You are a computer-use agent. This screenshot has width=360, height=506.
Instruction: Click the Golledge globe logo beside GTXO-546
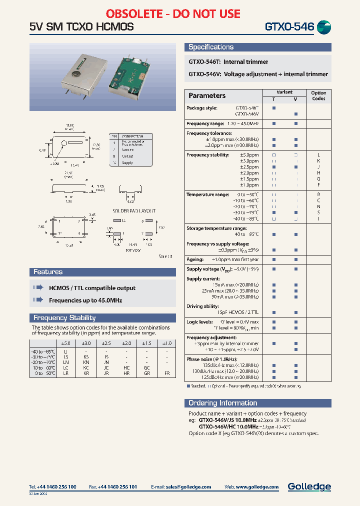point(324,27)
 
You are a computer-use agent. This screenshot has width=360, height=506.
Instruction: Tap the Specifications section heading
point(211,47)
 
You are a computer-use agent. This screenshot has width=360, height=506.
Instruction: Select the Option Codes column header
point(318,95)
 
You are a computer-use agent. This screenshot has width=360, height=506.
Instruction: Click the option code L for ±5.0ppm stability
point(318,155)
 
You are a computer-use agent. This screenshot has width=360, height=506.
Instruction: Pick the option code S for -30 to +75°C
point(318,212)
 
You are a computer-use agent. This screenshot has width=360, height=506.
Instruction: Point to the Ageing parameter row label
point(195,259)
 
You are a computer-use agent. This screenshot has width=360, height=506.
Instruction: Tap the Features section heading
point(48,272)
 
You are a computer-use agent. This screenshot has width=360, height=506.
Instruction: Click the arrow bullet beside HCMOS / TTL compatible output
point(38,288)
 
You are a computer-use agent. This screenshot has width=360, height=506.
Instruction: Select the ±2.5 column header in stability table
point(106,343)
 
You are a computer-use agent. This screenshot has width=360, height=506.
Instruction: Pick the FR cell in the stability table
point(167,374)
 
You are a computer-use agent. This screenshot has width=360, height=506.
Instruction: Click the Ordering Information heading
point(222,403)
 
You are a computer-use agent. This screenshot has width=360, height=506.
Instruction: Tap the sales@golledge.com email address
point(188,486)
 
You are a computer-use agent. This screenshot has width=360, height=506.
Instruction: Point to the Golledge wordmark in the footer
point(309,486)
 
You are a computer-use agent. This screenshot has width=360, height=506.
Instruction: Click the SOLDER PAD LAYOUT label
point(134,211)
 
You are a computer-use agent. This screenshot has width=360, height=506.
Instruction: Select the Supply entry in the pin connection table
point(127,162)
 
